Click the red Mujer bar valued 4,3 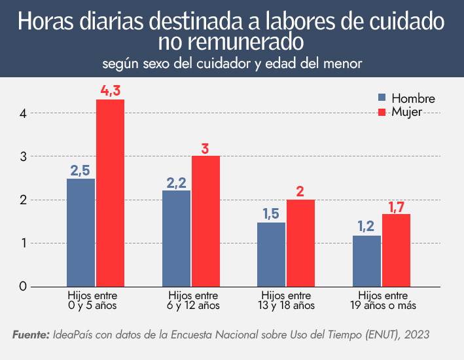[110, 192]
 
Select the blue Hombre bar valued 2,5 [80, 232]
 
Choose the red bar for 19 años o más [396, 250]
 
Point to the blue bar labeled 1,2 [366, 261]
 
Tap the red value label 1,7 [396, 207]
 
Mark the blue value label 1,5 [272, 214]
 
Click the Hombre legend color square [383, 98]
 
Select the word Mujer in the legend [406, 111]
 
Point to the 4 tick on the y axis [23, 113]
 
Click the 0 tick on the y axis [23, 286]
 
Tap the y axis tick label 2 [23, 200]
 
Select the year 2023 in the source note [417, 334]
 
